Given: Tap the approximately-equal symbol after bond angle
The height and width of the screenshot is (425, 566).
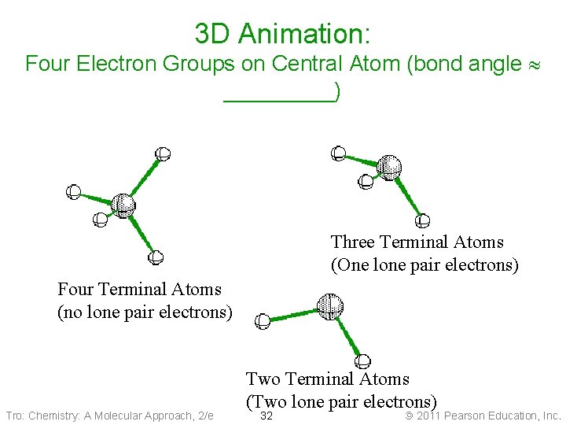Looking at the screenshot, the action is tap(537, 65).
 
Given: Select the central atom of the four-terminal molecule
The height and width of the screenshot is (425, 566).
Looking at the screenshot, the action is tap(123, 205).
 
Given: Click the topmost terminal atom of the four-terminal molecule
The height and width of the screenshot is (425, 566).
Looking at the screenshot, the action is tap(163, 153).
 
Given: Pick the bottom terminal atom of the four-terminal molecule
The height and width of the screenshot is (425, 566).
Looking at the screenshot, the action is tap(156, 257).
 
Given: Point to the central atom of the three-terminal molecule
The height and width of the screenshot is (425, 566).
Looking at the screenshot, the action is tap(389, 167).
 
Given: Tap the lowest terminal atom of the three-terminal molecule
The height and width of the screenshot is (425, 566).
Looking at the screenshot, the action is tap(422, 221).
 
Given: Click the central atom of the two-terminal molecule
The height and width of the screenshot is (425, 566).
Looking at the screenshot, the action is tap(329, 305).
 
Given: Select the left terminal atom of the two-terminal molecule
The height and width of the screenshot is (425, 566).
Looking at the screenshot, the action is tap(263, 320).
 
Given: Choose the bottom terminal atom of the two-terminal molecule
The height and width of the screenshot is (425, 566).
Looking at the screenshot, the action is tap(362, 361).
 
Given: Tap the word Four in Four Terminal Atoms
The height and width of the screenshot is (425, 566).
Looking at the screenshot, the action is tap(76, 290).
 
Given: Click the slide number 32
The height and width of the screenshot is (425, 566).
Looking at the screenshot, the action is tap(266, 416).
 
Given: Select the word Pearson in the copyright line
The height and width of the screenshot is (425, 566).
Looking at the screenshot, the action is tap(470, 416).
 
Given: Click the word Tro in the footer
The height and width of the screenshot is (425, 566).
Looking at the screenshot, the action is tap(15, 416).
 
